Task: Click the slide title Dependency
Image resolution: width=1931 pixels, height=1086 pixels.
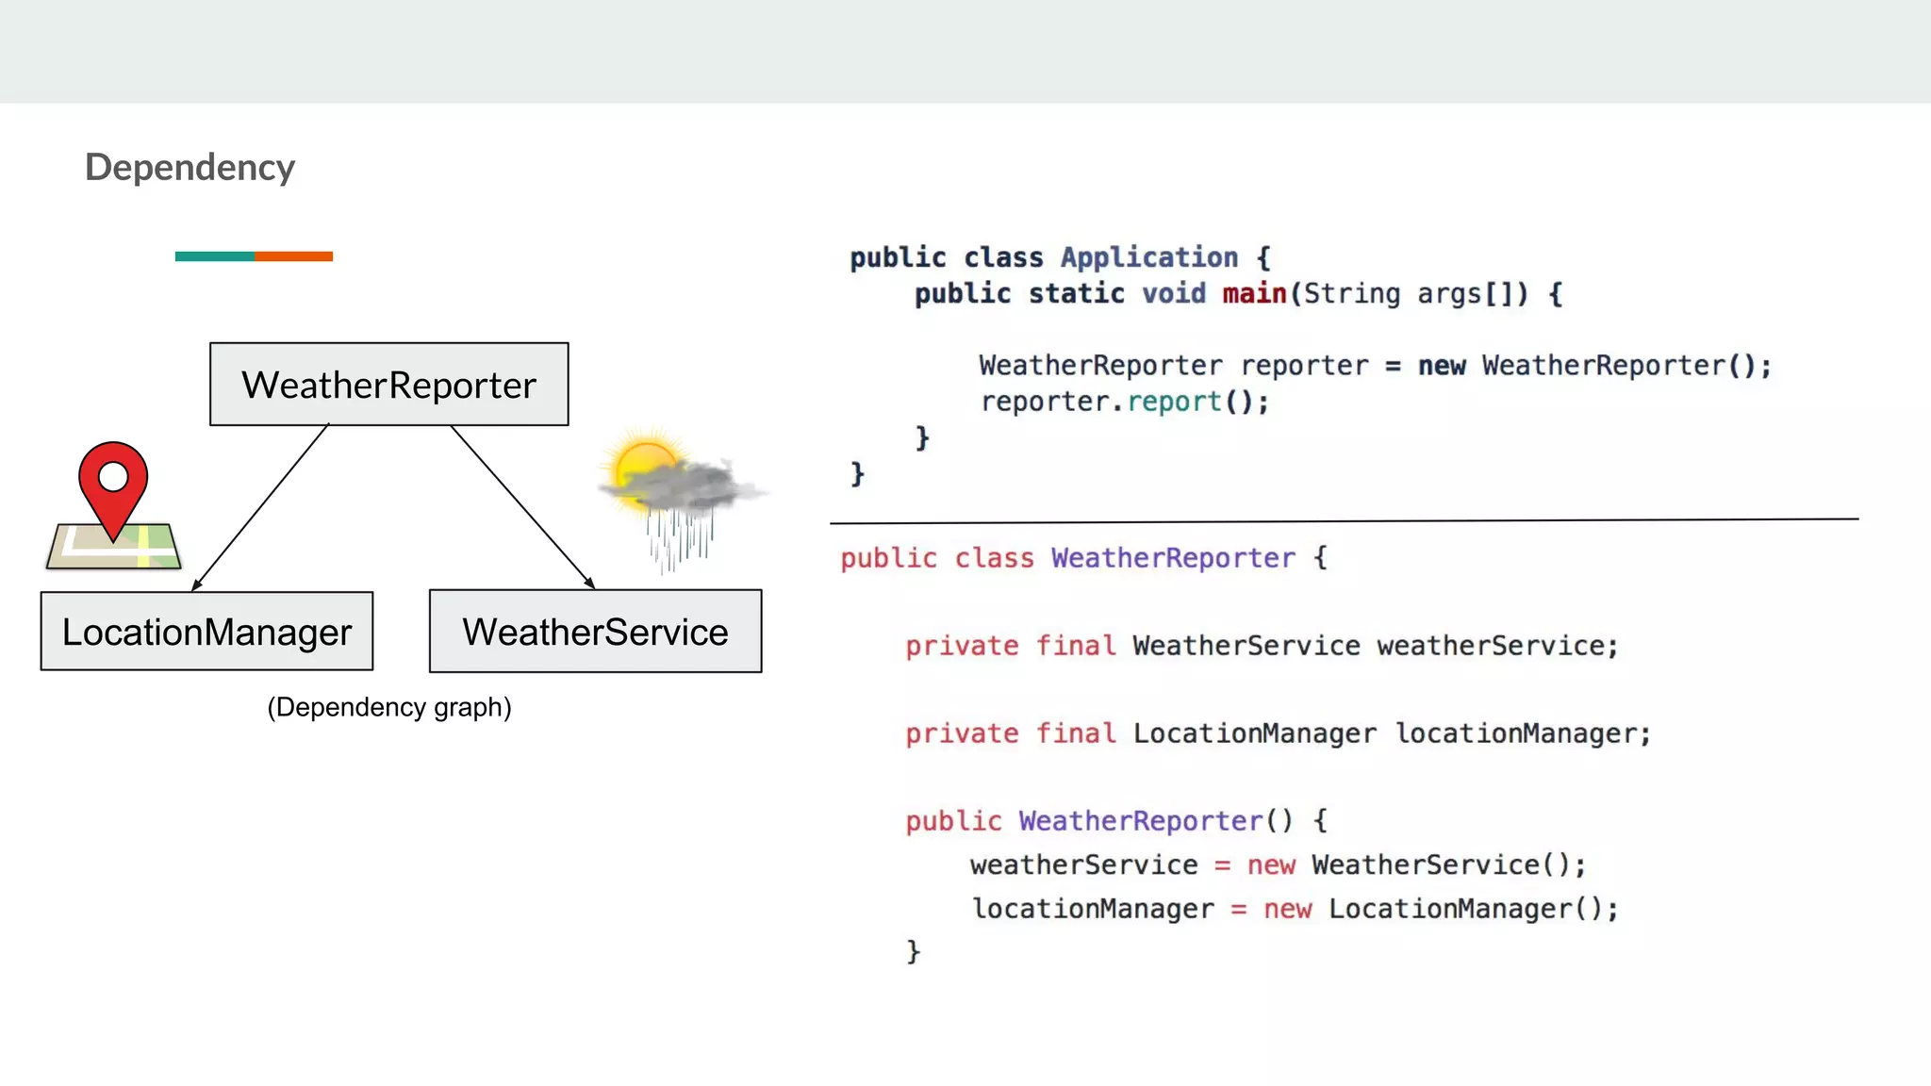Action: coord(190,168)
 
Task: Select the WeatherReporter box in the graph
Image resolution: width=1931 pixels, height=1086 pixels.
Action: coord(388,385)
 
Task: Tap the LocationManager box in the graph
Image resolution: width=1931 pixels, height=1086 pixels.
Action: coord(206,632)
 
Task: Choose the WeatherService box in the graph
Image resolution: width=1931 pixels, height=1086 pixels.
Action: coord(595,632)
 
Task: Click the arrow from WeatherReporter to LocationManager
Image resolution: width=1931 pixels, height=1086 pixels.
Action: coord(261,507)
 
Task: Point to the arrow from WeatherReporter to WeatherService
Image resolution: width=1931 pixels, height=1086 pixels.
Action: coord(522,507)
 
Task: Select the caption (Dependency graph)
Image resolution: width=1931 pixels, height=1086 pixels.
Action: coord(388,707)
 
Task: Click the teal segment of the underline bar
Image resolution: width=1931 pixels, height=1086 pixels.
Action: coord(214,256)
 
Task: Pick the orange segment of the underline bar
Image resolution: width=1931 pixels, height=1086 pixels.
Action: coord(293,256)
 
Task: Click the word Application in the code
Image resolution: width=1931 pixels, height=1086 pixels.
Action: coord(1148,257)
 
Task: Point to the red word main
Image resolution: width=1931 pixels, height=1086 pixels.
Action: coord(1254,294)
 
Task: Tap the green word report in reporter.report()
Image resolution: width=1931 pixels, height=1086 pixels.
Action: coord(1174,402)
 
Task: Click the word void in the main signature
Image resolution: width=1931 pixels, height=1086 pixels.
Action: coord(1173,294)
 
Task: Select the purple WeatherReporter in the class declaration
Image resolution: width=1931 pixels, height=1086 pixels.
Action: coord(1173,558)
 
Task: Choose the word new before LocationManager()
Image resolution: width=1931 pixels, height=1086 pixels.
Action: coord(1287,909)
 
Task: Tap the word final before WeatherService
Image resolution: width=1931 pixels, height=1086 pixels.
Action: coord(1075,646)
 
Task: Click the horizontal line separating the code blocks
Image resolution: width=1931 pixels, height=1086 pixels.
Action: coord(1344,520)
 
